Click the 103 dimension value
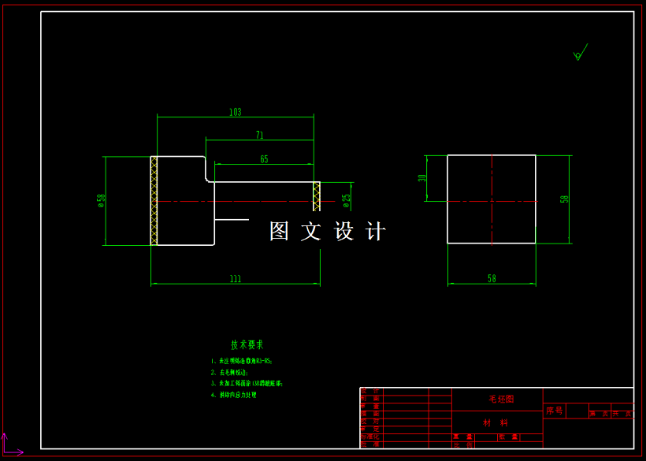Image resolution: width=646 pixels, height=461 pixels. pos(235,112)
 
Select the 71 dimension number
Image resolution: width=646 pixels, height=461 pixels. pos(260,136)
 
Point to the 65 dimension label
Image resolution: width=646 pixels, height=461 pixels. pos(264,159)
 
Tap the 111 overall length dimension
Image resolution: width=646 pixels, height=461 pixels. pos(236,279)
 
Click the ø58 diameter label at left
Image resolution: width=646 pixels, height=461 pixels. pos(101,202)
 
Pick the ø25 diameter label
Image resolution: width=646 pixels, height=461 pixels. pos(346,200)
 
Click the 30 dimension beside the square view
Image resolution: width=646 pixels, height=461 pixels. pos(422,179)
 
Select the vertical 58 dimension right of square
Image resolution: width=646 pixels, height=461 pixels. pos(564,199)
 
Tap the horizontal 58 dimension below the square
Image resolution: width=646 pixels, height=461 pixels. pos(492,278)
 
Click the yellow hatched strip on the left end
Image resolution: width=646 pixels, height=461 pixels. pos(154,200)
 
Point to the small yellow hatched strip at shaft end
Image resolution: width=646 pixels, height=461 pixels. pos(317,195)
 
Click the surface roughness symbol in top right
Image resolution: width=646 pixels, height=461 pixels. pos(580,54)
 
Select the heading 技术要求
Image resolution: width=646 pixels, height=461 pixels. pos(247,344)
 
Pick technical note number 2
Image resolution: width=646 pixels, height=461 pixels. pos(230,372)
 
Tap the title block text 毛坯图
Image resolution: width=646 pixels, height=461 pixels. pos(500,400)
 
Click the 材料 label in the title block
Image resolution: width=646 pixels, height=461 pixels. pos(496,423)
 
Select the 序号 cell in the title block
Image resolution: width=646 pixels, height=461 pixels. pos(555,411)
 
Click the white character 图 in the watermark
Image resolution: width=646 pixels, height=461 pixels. pos(280,231)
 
